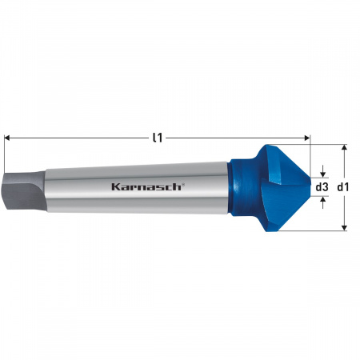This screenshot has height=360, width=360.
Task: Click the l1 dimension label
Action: (x=158, y=137)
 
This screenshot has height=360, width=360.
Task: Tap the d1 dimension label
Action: (x=343, y=187)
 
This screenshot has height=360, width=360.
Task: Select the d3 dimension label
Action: (x=322, y=187)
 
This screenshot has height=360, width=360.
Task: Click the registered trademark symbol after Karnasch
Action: (x=184, y=183)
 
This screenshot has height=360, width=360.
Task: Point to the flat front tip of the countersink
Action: (x=310, y=187)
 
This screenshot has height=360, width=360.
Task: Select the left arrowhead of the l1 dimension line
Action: (x=8, y=138)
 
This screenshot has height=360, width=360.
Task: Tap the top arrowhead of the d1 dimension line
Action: (x=343, y=148)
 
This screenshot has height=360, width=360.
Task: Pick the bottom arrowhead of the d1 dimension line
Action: (x=343, y=226)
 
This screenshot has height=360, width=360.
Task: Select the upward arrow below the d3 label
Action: (x=322, y=201)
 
